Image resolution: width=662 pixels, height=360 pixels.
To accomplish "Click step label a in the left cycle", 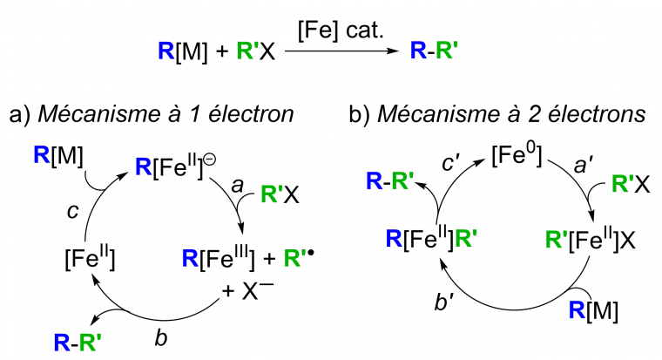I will (235, 185).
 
